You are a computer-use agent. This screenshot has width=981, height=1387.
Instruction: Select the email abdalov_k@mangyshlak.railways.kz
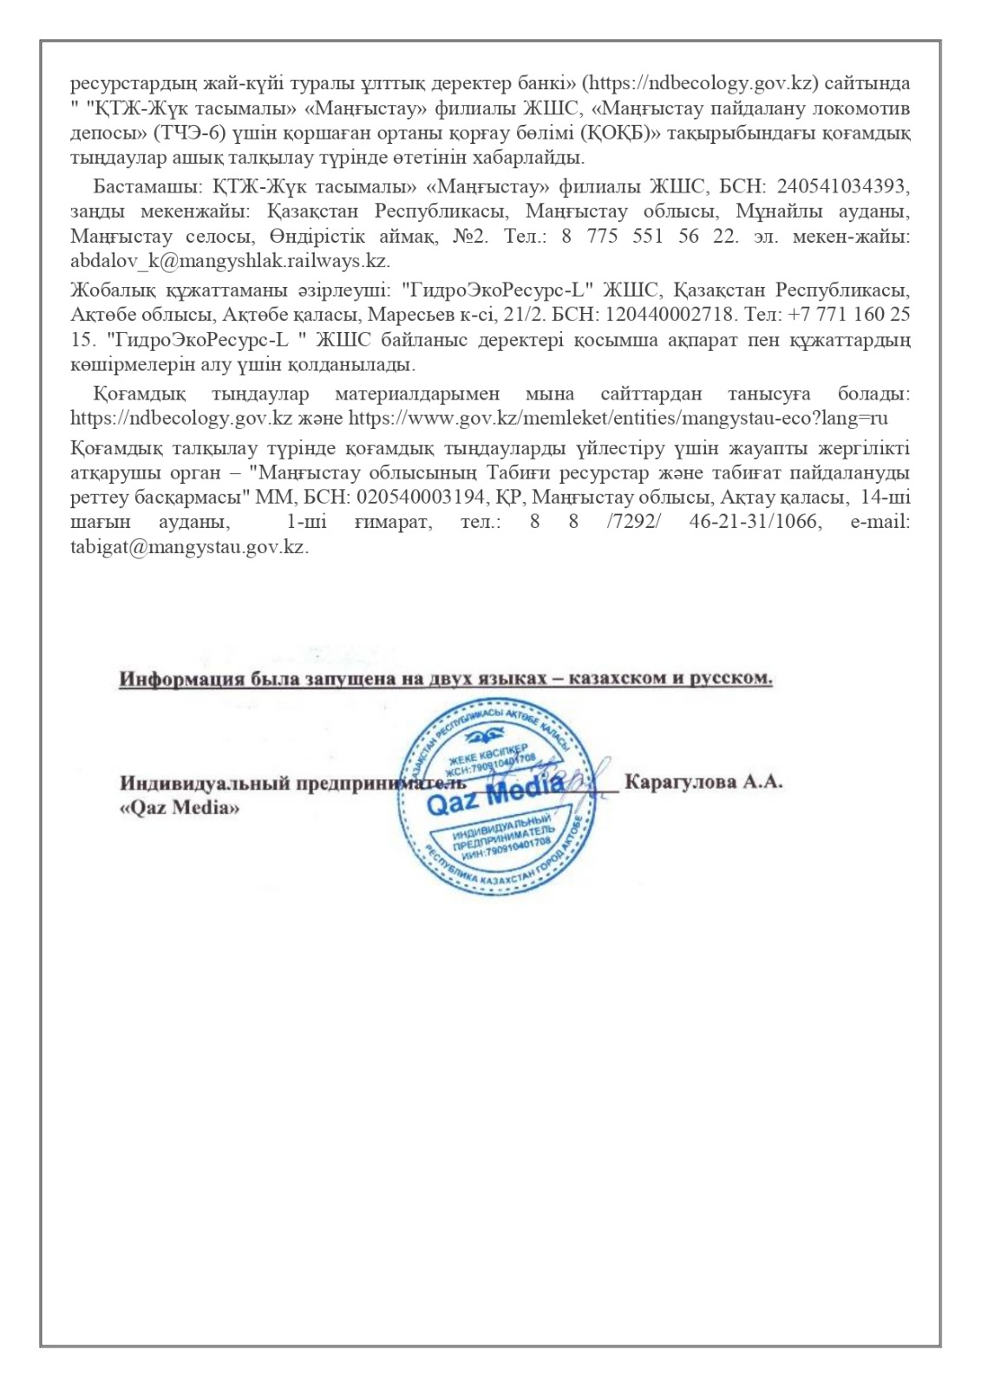coord(229,260)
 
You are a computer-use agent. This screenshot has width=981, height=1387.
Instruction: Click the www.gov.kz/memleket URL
coord(618,418)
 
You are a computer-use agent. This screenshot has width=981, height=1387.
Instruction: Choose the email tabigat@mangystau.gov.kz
coord(189,548)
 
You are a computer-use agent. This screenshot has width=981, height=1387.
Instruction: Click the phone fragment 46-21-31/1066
coord(755,523)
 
